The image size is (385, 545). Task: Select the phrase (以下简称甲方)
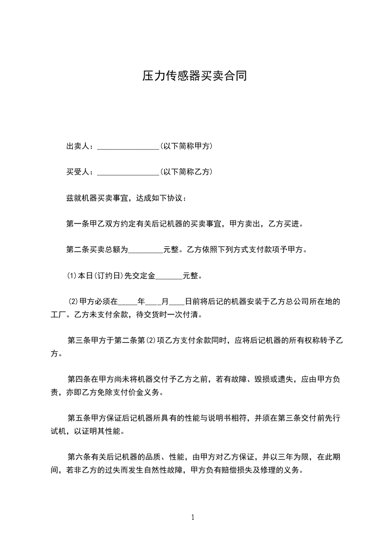(x=185, y=146)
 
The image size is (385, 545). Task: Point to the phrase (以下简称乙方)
(x=185, y=171)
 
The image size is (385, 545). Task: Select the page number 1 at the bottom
(x=193, y=517)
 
